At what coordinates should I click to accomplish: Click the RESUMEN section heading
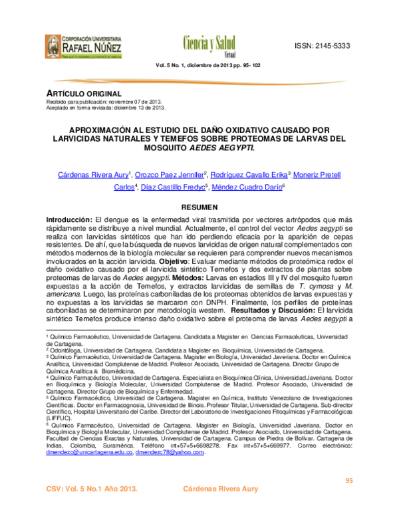pos(199,207)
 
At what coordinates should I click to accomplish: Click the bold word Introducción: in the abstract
pos(68,219)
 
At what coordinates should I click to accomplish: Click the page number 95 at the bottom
pos(348,481)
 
